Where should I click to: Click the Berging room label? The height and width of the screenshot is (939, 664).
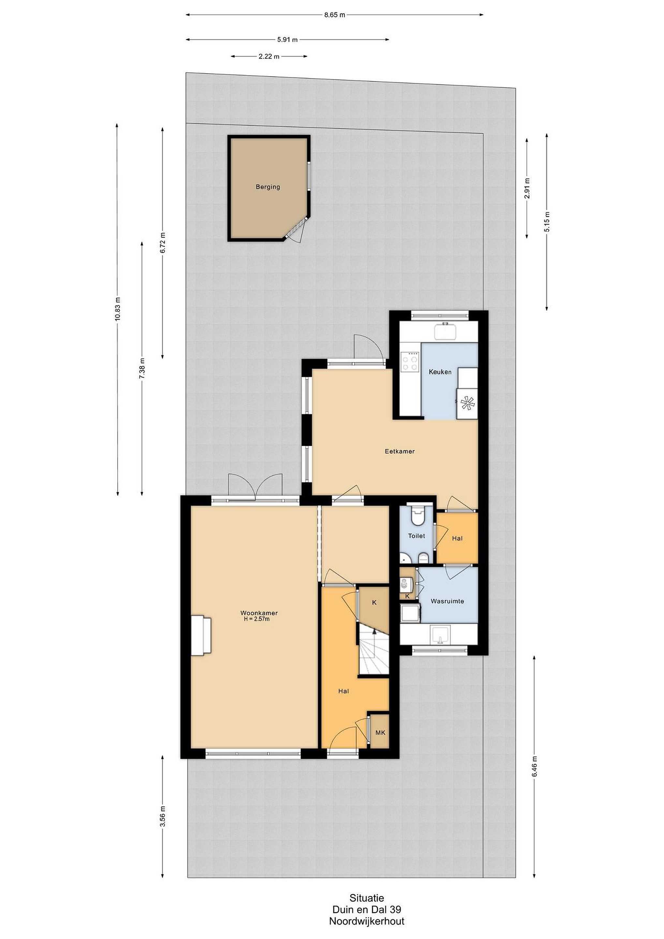click(268, 187)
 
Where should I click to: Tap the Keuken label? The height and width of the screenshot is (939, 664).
click(440, 372)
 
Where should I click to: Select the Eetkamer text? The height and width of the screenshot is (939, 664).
click(399, 452)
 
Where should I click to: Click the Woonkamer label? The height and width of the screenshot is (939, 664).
click(259, 613)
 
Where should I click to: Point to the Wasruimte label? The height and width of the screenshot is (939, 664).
click(447, 601)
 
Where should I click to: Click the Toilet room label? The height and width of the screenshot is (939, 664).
click(416, 536)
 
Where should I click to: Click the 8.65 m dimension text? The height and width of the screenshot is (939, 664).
click(334, 15)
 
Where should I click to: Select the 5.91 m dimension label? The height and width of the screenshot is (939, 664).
click(287, 40)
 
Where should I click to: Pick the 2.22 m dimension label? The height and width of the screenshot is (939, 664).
click(269, 56)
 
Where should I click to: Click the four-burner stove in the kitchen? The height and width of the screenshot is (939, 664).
click(410, 362)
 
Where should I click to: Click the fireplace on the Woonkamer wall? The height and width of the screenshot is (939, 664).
click(201, 636)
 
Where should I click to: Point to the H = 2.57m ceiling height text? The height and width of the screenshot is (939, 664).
click(257, 619)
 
